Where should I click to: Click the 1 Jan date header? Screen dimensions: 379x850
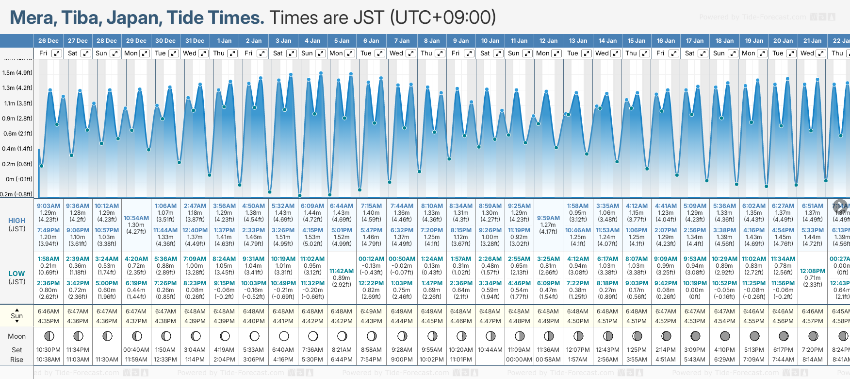point(224,41)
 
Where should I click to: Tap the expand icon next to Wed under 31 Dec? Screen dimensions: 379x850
point(203,53)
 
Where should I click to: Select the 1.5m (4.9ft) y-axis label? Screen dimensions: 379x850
point(17,73)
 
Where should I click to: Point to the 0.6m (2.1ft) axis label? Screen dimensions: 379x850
point(17,133)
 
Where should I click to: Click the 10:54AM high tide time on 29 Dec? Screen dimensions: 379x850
point(136,218)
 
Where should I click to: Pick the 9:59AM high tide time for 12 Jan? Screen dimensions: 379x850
point(548,218)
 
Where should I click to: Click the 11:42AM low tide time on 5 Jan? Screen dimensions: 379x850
point(342,271)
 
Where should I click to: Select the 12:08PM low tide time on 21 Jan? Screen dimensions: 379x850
point(813,271)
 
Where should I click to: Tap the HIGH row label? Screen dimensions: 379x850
point(16,221)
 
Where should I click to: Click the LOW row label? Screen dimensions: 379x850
point(16,274)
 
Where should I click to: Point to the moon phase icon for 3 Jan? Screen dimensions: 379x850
point(284,336)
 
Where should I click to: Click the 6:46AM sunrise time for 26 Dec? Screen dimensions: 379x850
point(49,311)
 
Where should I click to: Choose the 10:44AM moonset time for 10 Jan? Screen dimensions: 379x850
point(490,350)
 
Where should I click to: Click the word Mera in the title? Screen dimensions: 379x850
point(32,18)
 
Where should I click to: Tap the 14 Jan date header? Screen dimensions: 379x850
point(607,41)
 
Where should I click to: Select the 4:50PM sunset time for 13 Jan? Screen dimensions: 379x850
point(578,321)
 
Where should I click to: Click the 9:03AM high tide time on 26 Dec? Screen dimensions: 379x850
point(49,206)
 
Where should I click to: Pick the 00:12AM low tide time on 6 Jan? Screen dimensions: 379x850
point(371,259)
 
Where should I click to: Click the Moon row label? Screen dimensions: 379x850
point(16,336)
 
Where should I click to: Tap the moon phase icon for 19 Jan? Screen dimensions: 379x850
point(754,336)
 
